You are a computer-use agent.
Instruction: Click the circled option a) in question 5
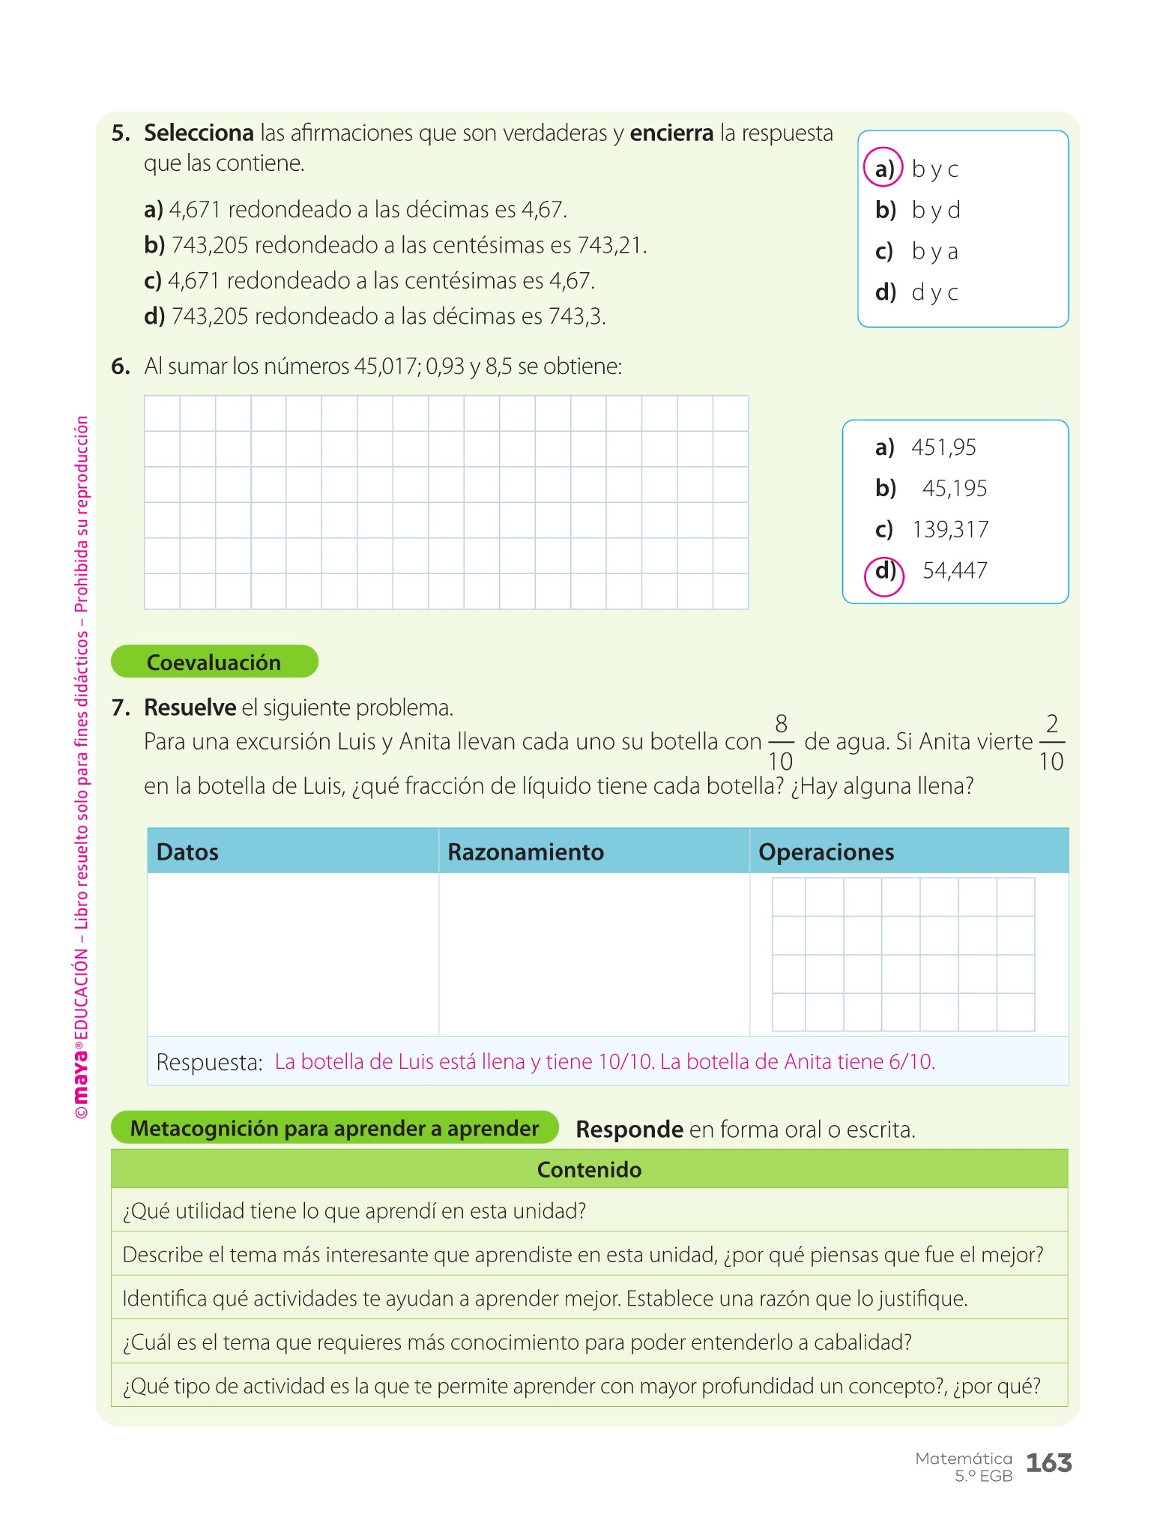(x=884, y=168)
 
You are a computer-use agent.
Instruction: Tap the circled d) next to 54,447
(x=884, y=573)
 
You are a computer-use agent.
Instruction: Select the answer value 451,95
(x=943, y=447)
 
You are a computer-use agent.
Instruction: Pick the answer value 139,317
(x=950, y=530)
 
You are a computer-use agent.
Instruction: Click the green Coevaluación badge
(x=214, y=662)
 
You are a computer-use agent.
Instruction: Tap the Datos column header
(x=187, y=852)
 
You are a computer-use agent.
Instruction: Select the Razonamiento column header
(x=525, y=852)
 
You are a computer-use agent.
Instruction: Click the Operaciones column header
(x=826, y=852)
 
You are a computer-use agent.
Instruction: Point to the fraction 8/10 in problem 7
(x=781, y=742)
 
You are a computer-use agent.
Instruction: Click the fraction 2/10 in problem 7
(x=1051, y=742)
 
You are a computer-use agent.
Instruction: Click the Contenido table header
(x=589, y=1170)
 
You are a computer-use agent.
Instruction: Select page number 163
(x=1048, y=1463)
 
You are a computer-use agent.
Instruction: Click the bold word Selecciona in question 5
(x=199, y=133)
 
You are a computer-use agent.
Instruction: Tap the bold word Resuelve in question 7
(x=190, y=708)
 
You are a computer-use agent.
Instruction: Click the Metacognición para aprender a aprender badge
(x=334, y=1129)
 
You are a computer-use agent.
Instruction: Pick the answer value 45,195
(x=954, y=489)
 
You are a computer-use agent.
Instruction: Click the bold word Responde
(x=629, y=1130)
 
